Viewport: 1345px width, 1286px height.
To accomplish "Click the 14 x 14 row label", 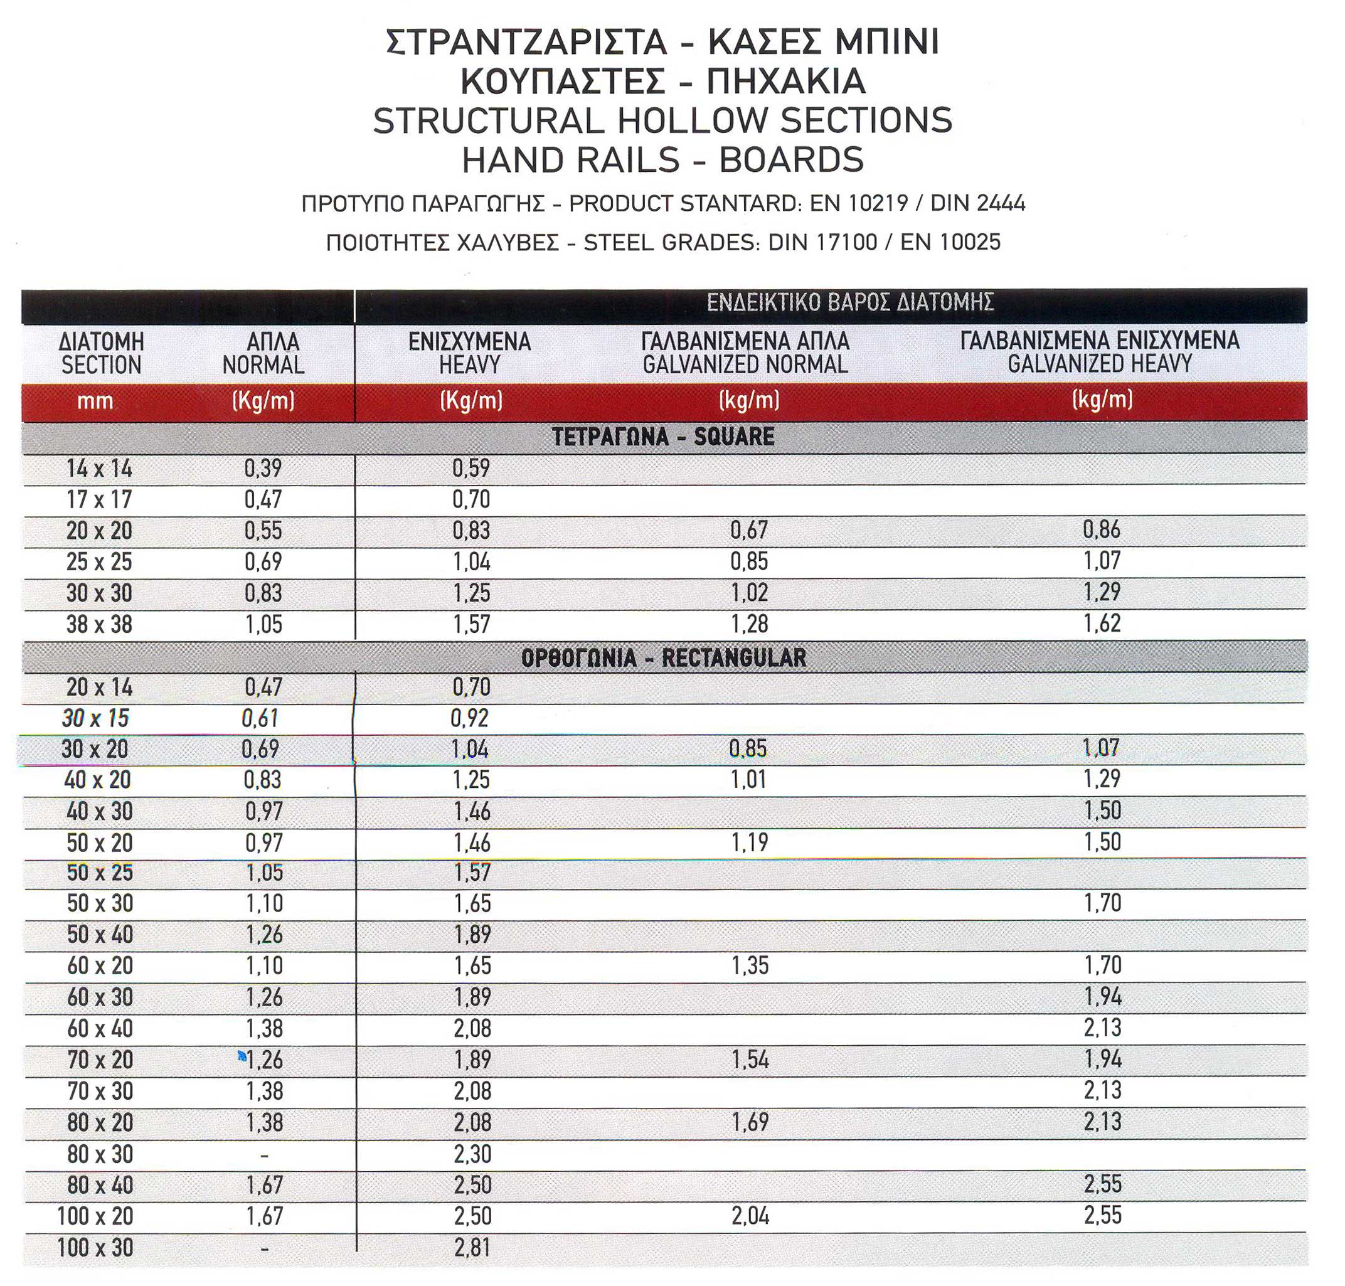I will point(99,469).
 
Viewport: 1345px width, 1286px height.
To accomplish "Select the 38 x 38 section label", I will point(99,624).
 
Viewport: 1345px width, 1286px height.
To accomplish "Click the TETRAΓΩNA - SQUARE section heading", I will point(663,437).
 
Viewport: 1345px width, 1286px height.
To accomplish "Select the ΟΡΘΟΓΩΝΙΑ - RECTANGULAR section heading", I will point(663,658).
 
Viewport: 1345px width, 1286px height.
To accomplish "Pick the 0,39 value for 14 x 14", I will point(263,469).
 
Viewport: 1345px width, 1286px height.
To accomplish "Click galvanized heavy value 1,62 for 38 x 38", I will point(1102,624).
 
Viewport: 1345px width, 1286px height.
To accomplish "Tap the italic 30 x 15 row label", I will point(95,718).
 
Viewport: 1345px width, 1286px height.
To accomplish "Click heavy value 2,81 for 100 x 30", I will point(472,1248).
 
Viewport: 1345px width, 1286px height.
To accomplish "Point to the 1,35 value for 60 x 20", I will point(750,966).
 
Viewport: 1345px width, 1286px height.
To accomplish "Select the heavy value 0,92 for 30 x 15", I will point(470,718).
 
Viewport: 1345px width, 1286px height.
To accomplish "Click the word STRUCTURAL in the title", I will point(487,120).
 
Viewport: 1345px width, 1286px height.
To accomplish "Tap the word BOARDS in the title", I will point(791,161).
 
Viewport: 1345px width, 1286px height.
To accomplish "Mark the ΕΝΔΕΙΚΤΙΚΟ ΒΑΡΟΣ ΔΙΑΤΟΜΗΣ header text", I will point(850,302).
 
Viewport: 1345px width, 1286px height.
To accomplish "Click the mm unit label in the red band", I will point(95,401).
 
